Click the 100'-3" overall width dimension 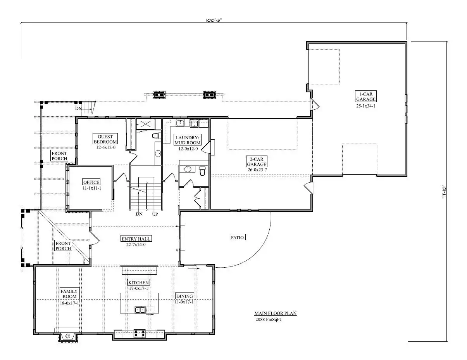point(214,20)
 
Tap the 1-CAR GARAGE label point(365,96)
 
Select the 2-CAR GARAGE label point(257,161)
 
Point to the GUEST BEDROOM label point(105,139)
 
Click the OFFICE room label point(91,182)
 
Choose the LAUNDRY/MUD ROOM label point(188,140)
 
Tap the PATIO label point(237,237)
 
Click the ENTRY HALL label point(136,239)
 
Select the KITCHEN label point(139,282)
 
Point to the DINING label point(184,296)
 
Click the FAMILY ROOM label point(69,294)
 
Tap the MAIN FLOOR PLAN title point(275,313)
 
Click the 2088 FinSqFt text point(268,319)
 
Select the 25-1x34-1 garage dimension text point(366,106)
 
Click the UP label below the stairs point(155,214)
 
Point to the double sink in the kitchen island point(140,310)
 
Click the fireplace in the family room point(68,337)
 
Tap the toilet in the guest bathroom point(157,136)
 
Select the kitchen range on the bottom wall point(140,333)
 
